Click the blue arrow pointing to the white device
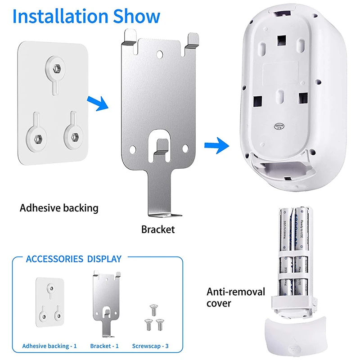[215, 145]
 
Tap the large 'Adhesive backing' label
[59, 208]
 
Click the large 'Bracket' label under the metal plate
[157, 229]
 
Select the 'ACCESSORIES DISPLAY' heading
[73, 259]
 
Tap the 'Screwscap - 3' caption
[151, 346]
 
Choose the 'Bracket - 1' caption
[104, 346]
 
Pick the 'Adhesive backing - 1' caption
[49, 346]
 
